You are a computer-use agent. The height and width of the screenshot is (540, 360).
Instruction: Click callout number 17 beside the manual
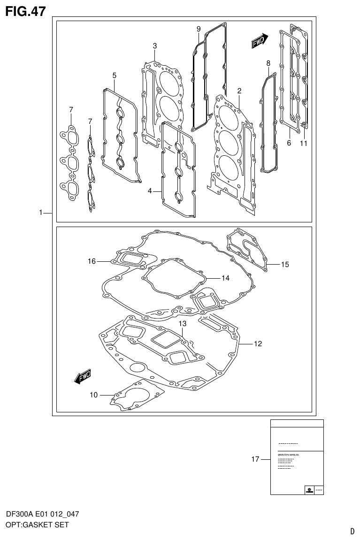(255, 459)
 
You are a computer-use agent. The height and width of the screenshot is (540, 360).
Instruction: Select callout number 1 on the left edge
(41, 213)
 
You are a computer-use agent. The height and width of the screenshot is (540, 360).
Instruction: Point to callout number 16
(92, 261)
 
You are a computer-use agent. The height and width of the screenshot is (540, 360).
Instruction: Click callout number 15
(285, 265)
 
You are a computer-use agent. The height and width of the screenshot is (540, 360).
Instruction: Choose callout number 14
(225, 278)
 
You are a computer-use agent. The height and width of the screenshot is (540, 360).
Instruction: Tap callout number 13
(182, 324)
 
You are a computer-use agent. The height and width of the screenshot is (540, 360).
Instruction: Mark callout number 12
(258, 343)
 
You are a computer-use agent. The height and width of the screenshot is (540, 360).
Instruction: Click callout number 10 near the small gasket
(94, 395)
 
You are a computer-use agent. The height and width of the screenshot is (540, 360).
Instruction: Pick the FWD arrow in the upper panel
(259, 41)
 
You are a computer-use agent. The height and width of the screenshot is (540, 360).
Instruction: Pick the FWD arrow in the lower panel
(83, 377)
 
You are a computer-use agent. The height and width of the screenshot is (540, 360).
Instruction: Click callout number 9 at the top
(199, 29)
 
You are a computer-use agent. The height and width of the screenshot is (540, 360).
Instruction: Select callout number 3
(154, 46)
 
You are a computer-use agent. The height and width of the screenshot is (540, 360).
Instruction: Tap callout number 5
(114, 75)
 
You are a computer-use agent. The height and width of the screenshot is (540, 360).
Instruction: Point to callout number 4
(150, 191)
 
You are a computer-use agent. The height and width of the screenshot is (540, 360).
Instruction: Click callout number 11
(304, 144)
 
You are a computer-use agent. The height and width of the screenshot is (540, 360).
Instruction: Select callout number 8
(268, 63)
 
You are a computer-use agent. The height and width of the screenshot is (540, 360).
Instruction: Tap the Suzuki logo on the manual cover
(309, 490)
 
